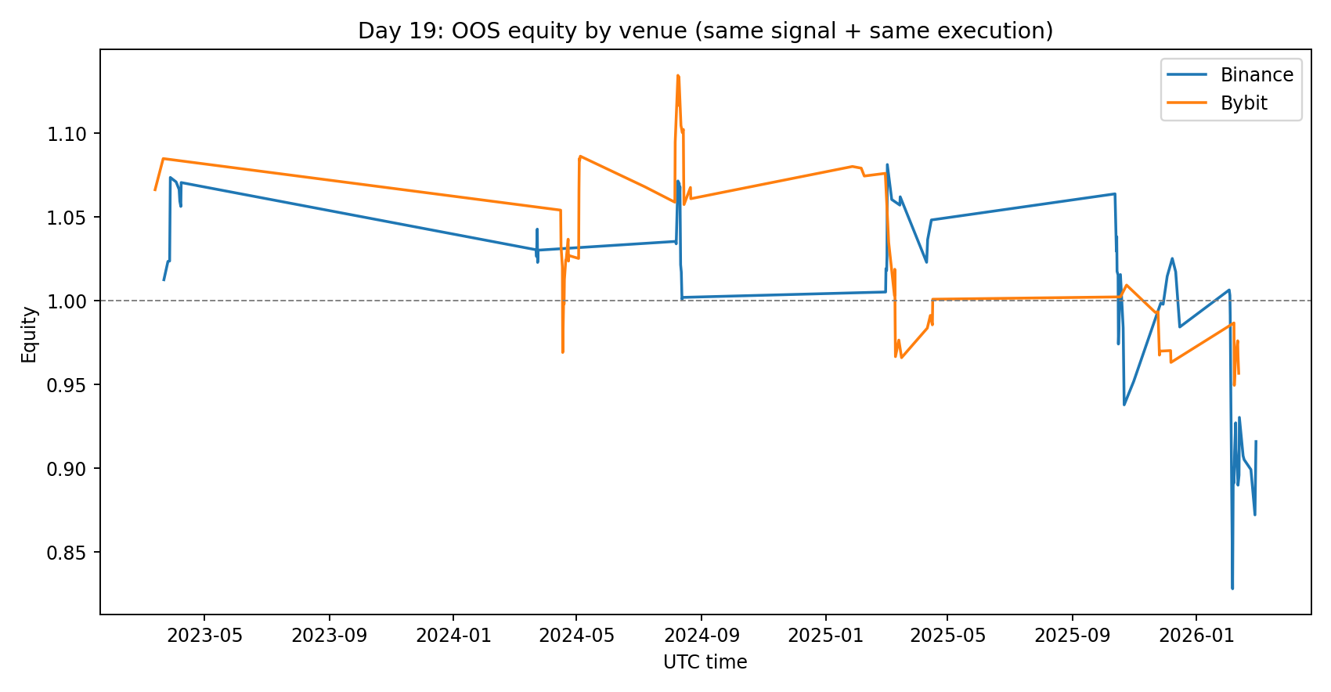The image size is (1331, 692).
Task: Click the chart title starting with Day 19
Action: (705, 31)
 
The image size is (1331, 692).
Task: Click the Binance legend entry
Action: (1256, 75)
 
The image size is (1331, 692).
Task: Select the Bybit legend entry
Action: (1243, 103)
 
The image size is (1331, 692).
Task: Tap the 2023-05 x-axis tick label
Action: (205, 635)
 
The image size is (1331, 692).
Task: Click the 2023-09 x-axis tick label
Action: (329, 635)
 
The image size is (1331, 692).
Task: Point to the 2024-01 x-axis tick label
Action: (453, 635)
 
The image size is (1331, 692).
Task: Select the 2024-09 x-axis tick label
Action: (701, 635)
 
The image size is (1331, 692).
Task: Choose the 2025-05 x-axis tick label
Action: (947, 635)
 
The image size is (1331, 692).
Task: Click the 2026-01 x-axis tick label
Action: (1196, 635)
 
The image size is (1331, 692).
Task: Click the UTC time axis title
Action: (705, 662)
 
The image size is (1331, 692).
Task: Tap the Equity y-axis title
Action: (29, 334)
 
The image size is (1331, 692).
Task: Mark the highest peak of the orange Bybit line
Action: (677, 75)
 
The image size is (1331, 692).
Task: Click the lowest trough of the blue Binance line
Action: (1232, 588)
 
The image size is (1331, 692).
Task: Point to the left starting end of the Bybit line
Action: (155, 189)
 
